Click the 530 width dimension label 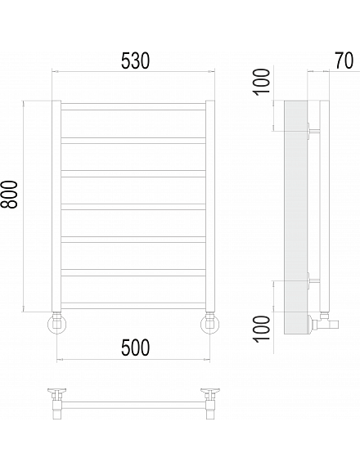point(135,61)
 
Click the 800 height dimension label point(9,195)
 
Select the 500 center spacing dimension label point(135,348)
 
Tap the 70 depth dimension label point(344,61)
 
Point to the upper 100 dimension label point(262,82)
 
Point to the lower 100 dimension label point(262,329)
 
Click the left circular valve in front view point(57,324)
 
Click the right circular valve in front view point(209,324)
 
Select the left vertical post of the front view point(56,206)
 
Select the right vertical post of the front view point(210,206)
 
